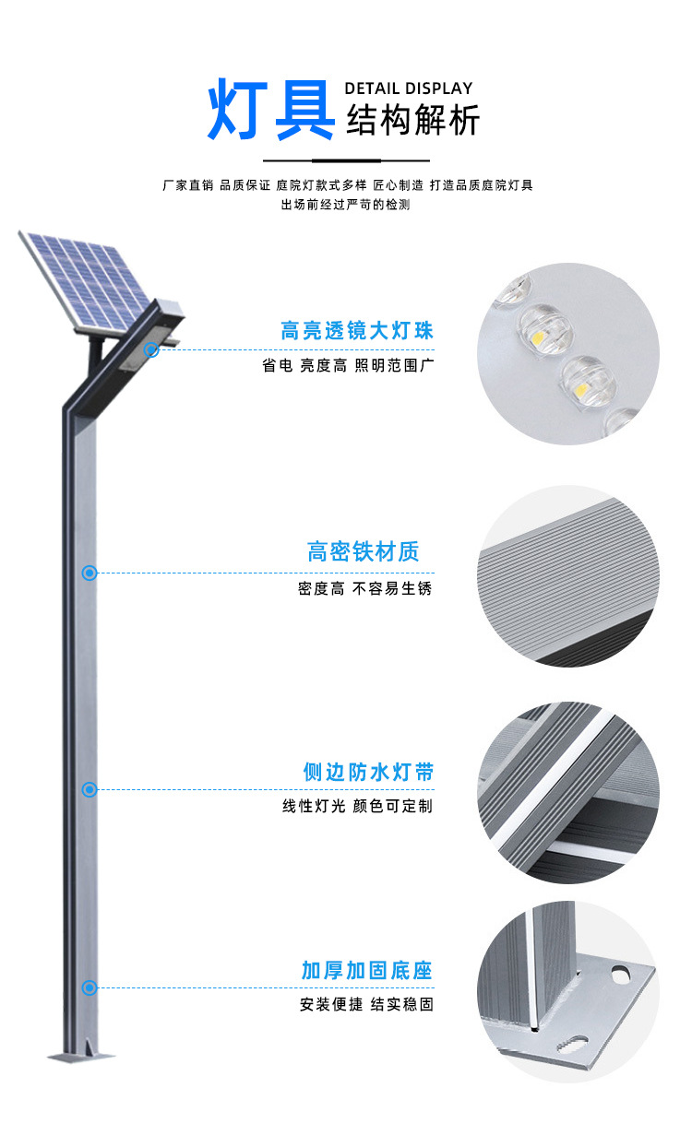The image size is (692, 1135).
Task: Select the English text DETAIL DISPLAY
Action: [409, 89]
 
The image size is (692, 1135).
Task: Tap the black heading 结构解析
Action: [412, 122]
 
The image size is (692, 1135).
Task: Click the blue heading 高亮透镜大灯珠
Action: [357, 331]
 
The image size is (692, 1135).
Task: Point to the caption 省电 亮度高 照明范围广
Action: [348, 366]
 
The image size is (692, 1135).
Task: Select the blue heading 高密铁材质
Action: [363, 552]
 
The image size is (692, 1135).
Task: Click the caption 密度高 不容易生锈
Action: [364, 588]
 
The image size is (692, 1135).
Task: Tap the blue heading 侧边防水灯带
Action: [367, 772]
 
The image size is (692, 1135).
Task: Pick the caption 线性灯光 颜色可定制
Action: [357, 807]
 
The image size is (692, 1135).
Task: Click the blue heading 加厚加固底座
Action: [366, 970]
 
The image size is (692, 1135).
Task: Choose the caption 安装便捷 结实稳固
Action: [366, 1005]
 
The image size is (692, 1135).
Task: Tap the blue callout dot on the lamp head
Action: [151, 350]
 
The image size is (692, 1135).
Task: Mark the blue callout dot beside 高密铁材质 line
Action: [89, 573]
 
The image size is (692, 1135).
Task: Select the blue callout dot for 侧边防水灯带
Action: [89, 789]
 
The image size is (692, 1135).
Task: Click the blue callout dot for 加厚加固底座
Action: [89, 988]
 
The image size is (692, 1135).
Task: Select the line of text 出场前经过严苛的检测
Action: [345, 205]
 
